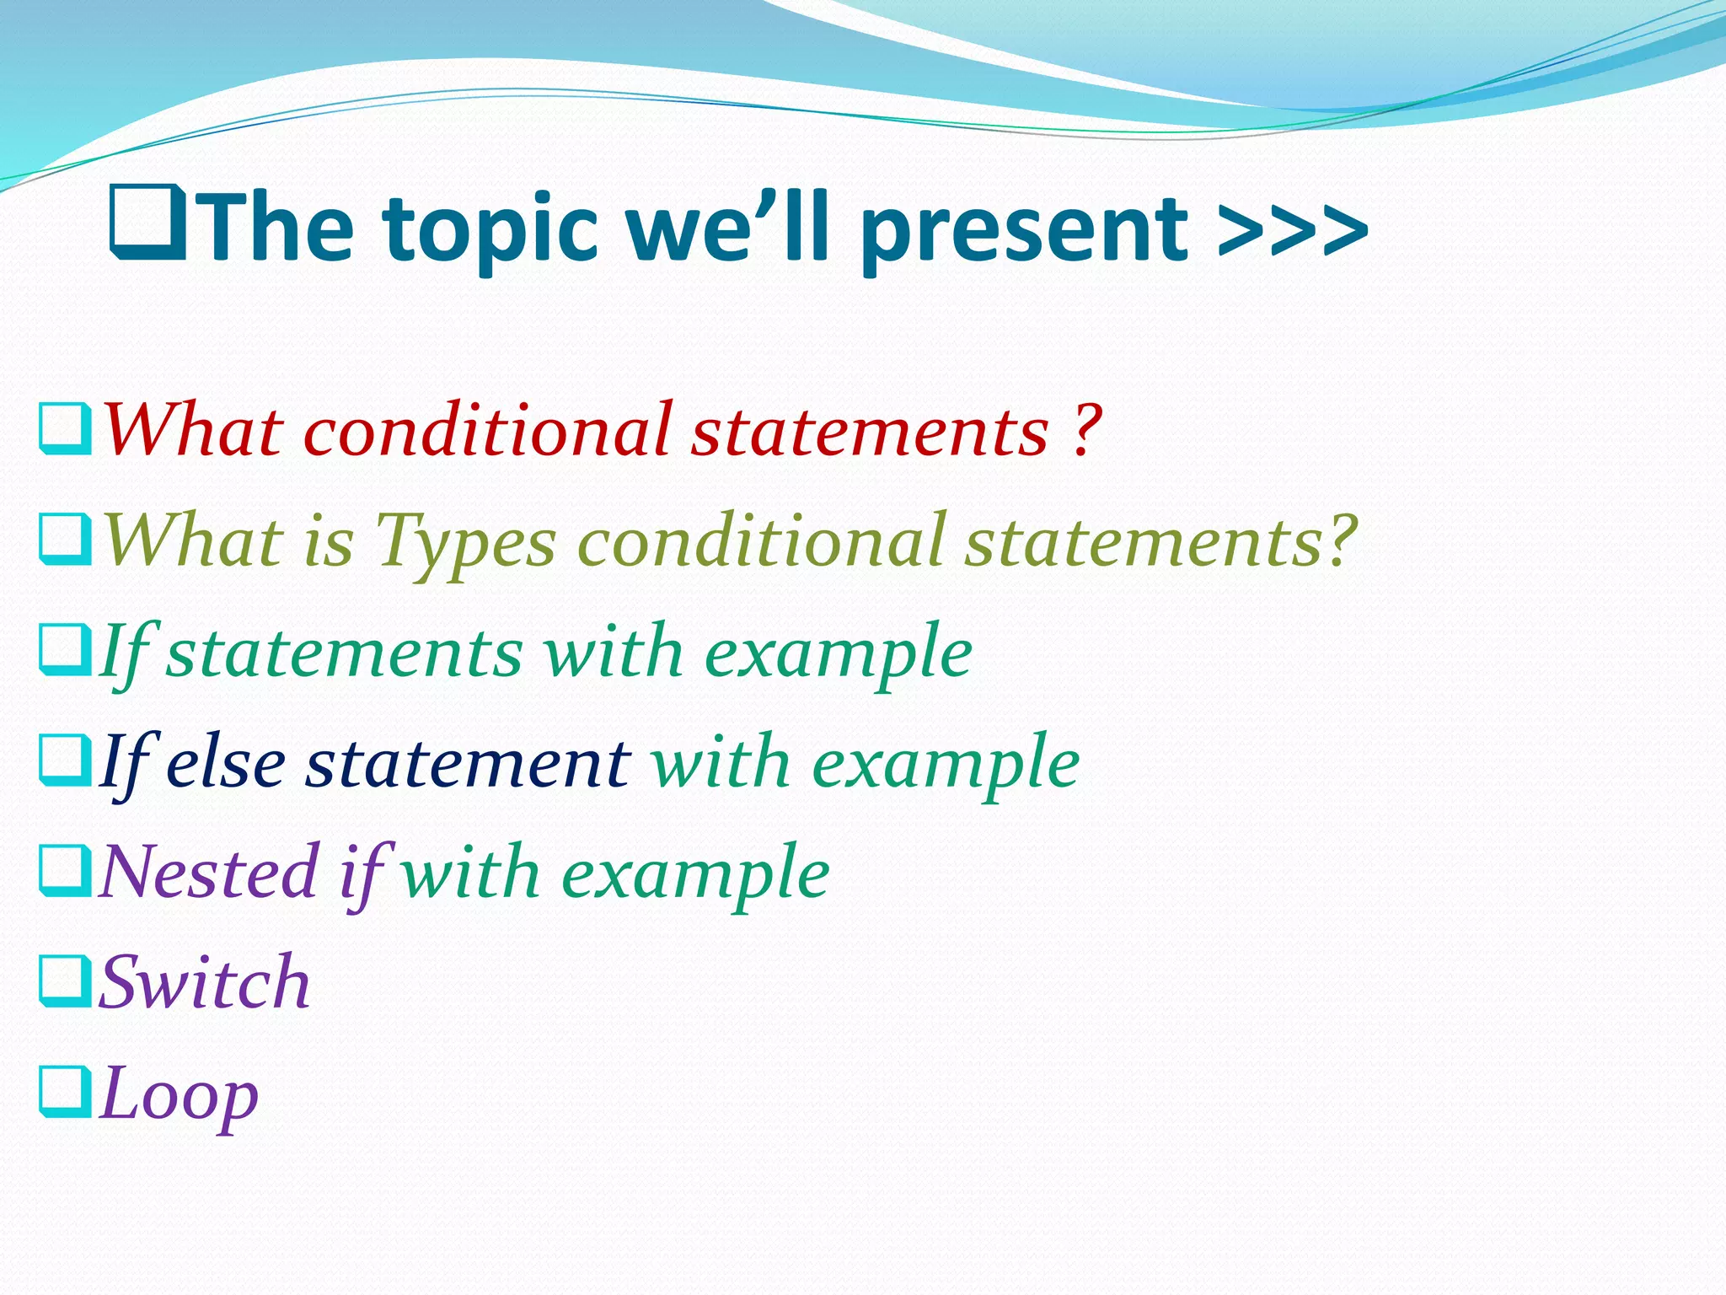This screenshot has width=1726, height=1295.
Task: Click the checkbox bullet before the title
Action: [148, 223]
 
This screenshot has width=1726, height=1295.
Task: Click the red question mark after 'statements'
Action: [1088, 430]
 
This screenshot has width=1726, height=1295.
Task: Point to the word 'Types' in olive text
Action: [465, 541]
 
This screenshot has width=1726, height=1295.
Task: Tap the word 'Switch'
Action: [205, 982]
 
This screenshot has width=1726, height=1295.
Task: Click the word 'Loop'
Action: [179, 1094]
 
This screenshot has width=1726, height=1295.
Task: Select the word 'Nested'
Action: [208, 873]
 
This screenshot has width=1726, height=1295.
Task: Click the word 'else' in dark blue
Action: [226, 763]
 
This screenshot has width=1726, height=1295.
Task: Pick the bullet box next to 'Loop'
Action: [65, 1093]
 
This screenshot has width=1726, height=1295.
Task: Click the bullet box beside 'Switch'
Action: [65, 981]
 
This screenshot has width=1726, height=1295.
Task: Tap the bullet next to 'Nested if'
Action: [65, 872]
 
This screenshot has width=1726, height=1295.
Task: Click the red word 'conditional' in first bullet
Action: [488, 430]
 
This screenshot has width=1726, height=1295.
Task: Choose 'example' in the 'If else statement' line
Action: [945, 763]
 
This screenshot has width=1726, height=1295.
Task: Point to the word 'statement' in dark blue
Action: [467, 763]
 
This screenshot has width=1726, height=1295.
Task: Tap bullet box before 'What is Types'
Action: [65, 540]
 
